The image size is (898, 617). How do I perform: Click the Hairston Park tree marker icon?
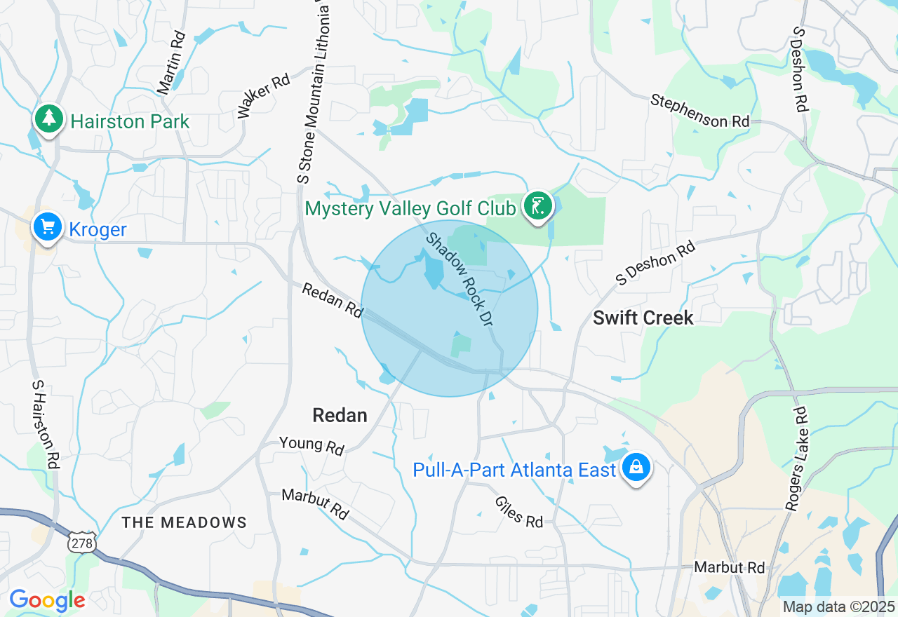pos(48,119)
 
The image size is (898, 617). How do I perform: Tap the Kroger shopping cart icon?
pos(48,227)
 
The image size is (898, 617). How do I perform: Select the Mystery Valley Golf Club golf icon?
pos(538,207)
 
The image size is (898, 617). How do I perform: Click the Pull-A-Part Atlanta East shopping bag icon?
pos(636,468)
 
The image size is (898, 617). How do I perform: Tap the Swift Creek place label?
pos(643,318)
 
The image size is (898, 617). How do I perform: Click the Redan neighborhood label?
pos(340,415)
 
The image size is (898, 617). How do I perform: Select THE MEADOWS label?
pos(185,522)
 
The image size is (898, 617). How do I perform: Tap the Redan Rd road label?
pos(332,301)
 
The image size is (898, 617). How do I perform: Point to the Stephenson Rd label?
pos(699,111)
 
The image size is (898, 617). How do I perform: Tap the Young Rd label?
pos(311,445)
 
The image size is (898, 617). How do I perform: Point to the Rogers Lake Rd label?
pos(798,459)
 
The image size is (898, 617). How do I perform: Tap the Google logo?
pos(47,600)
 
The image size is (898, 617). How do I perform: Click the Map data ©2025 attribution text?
pos(839,606)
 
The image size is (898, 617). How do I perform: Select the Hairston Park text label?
pos(130,121)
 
